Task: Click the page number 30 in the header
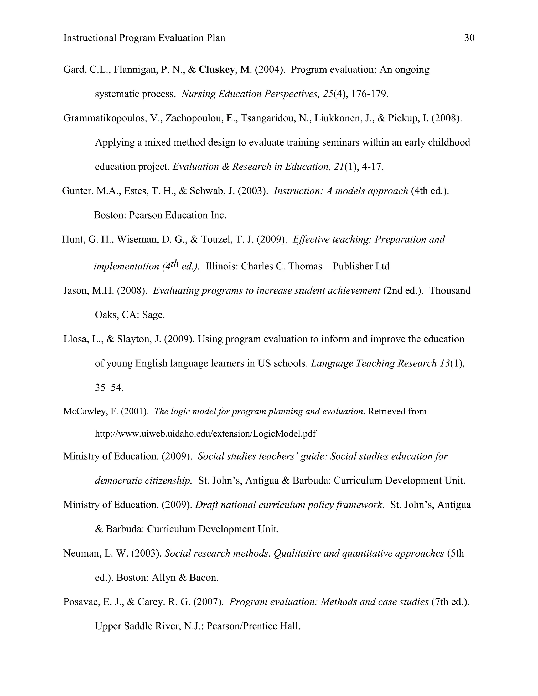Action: tap(469, 38)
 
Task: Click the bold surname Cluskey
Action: tap(216, 70)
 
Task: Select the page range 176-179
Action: tap(369, 94)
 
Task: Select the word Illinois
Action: tap(222, 266)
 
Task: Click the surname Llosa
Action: tap(75, 339)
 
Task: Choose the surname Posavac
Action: tap(81, 602)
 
